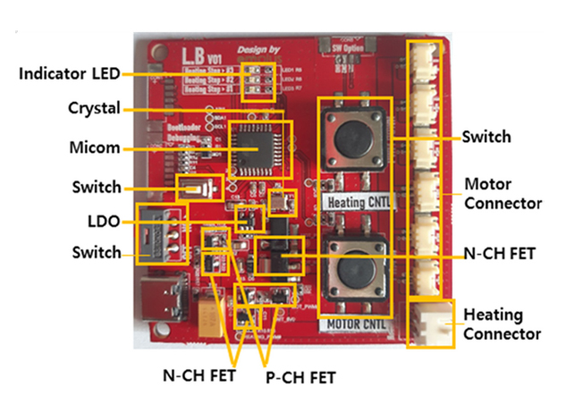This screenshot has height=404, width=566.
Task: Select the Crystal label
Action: coord(94,108)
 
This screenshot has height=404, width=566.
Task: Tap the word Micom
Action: coord(96,146)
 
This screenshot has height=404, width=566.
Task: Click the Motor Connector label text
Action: coord(503,194)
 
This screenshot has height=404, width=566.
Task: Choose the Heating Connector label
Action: coord(501,324)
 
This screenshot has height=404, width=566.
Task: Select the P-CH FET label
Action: coord(300,378)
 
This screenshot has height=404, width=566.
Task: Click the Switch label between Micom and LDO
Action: coord(97,188)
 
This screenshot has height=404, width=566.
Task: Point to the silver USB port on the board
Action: coord(160,299)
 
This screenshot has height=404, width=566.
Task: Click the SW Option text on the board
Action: coord(349,44)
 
